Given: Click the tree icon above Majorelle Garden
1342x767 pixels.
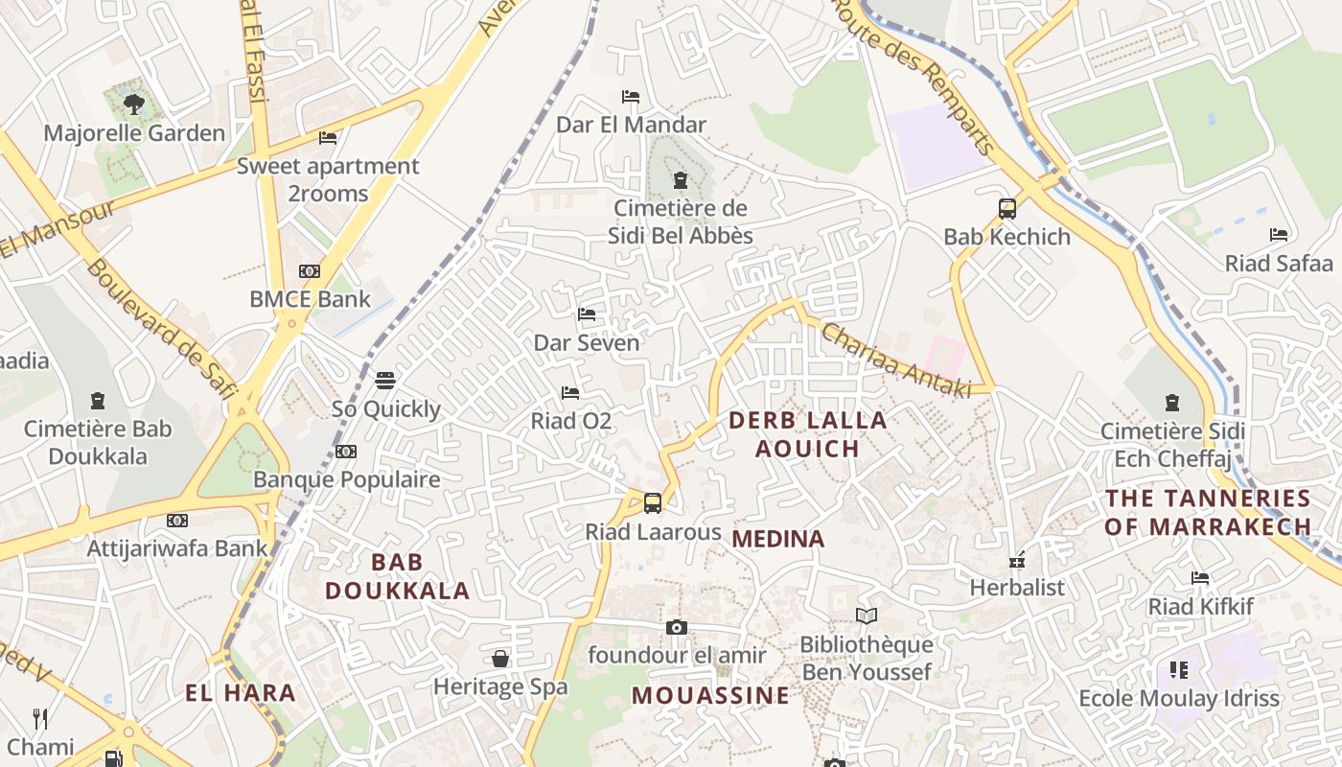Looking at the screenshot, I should [134, 104].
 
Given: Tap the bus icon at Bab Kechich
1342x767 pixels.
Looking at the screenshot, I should [1006, 208].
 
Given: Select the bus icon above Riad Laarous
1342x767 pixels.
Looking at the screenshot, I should [653, 502].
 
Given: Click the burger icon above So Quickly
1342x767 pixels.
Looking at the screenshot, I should [385, 381].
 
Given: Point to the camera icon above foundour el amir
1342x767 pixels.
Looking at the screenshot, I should [677, 628].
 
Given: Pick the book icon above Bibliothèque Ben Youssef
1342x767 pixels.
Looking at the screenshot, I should [867, 616].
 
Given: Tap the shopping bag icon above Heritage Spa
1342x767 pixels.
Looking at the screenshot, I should [500, 659].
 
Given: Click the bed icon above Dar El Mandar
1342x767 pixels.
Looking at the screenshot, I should [631, 97].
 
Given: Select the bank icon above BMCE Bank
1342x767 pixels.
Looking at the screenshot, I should [310, 271].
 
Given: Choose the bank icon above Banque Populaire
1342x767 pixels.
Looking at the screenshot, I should [346, 452].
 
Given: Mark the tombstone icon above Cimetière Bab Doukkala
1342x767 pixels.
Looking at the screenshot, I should [97, 401].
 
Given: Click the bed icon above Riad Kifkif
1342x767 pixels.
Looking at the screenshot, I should [1200, 578].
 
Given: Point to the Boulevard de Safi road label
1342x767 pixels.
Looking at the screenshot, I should [161, 327].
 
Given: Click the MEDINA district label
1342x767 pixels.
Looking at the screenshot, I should [777, 539].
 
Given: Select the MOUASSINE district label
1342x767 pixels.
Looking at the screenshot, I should [710, 695].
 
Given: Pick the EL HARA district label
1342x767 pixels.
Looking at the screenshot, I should [240, 692].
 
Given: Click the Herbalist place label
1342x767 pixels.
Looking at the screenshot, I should [1017, 587].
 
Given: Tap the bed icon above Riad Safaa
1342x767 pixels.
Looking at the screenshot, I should [1279, 235].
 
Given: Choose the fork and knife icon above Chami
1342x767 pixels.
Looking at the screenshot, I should [40, 718].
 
